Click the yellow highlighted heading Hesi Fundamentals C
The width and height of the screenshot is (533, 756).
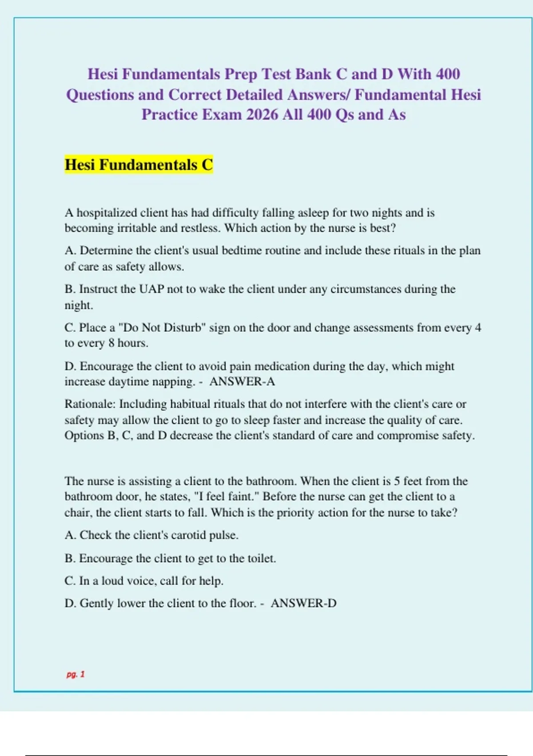[x=139, y=165]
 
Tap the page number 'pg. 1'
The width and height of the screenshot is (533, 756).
[x=76, y=674]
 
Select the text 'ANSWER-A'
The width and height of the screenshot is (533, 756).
[x=242, y=382]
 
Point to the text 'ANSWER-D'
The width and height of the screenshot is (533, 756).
[x=303, y=603]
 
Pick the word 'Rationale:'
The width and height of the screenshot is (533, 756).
[x=90, y=404]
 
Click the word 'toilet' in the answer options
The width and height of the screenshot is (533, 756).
[x=260, y=558]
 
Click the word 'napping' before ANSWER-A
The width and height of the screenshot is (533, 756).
[x=173, y=382]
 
